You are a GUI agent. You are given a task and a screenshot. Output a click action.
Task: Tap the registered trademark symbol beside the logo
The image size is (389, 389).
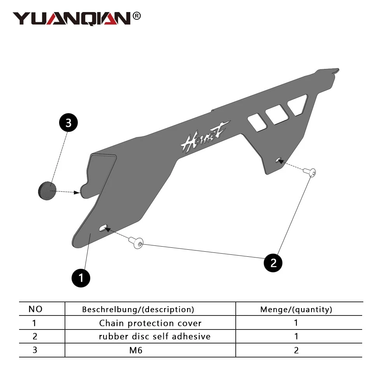(137, 16)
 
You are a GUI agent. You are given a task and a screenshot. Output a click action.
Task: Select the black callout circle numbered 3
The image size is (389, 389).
(68, 123)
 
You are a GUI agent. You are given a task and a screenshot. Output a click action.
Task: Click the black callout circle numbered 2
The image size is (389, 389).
(273, 263)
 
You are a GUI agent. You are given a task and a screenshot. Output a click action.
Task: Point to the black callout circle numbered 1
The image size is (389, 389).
(81, 278)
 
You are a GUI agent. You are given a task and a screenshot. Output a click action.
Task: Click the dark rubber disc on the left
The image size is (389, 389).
(47, 191)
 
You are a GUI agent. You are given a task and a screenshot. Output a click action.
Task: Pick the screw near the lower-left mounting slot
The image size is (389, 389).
(136, 242)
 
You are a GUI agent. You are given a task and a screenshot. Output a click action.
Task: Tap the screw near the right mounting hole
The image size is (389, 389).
(310, 172)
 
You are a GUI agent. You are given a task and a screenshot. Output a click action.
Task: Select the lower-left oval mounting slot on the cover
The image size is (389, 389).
(103, 228)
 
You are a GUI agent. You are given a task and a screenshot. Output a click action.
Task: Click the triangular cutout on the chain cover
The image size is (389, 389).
(298, 105)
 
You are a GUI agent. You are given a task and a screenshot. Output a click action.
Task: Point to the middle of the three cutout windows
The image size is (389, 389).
(277, 114)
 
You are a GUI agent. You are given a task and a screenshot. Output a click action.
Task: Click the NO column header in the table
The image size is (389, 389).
(35, 309)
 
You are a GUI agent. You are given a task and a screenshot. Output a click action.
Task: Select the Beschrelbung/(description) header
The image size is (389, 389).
(138, 309)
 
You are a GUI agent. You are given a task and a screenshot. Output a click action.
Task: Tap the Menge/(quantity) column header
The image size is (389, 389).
(296, 309)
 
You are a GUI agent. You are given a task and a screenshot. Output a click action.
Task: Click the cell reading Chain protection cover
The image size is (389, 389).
(150, 323)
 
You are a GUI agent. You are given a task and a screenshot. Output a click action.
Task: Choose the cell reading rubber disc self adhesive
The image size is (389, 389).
(154, 336)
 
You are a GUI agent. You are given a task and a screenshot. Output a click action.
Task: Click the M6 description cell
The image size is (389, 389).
(136, 350)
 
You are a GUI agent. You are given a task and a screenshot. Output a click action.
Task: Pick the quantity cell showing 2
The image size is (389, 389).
(296, 350)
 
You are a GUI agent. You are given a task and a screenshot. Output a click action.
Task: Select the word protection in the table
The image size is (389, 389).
(151, 323)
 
